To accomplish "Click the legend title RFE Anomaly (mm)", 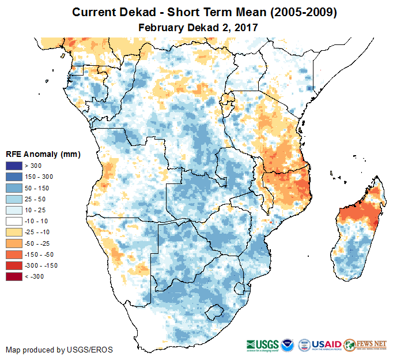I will pos(43,155).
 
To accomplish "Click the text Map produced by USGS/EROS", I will pos(59,350).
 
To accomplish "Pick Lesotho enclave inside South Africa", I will pos(215,313).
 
